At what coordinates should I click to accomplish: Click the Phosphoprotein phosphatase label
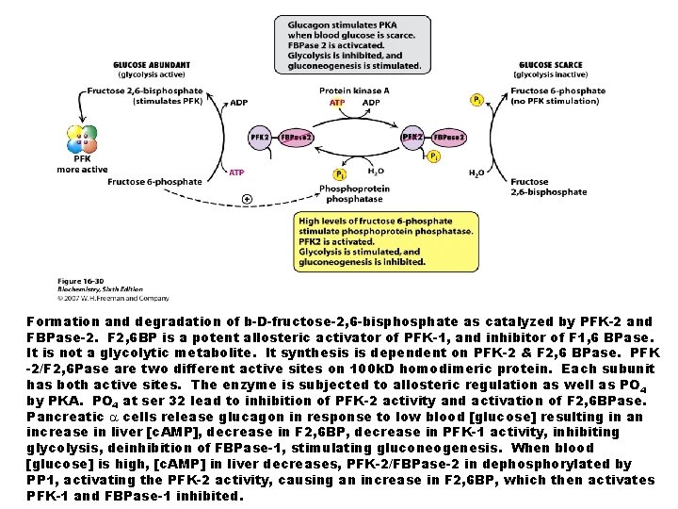[347, 194]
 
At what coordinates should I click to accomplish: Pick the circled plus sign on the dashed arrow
[247, 199]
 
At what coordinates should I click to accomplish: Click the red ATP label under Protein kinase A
[336, 102]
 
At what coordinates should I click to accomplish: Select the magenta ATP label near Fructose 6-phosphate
[238, 172]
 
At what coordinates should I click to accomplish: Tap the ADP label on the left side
[238, 102]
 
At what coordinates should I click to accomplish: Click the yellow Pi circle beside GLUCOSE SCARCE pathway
[477, 99]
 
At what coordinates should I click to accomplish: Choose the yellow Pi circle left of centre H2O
[339, 173]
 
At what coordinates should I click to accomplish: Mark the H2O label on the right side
[477, 174]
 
